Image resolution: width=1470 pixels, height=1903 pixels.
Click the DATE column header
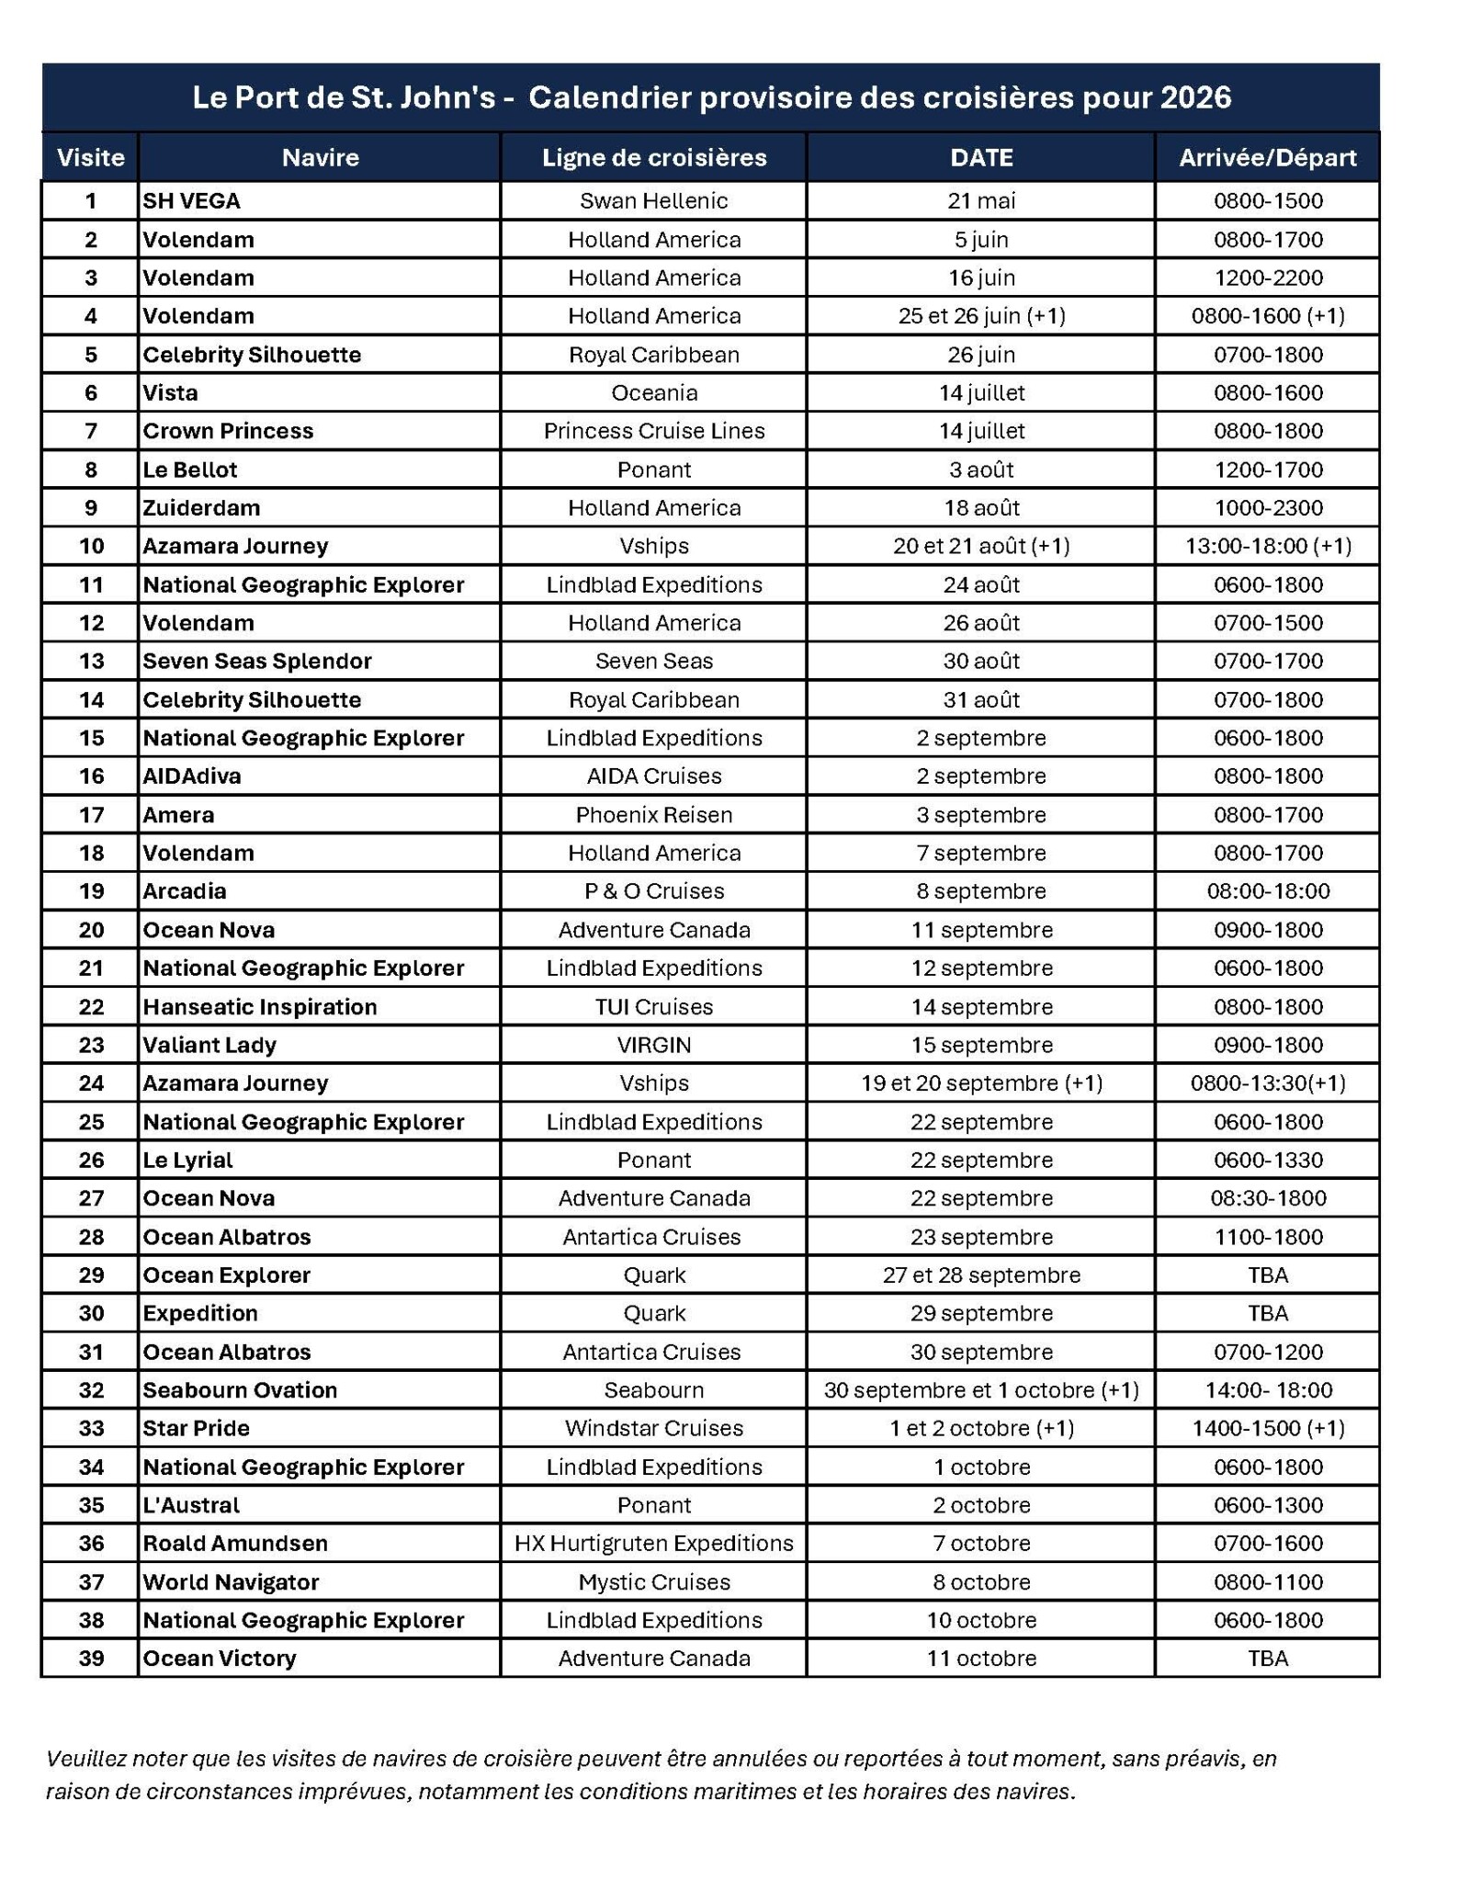[x=980, y=158]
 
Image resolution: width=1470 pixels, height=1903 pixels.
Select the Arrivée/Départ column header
[x=1267, y=158]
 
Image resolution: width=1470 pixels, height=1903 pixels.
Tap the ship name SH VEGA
[x=191, y=201]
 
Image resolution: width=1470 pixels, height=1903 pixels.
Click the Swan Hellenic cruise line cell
[x=653, y=201]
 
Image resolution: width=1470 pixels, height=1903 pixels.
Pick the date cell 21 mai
[x=980, y=201]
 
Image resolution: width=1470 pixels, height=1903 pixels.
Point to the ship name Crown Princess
[x=228, y=431]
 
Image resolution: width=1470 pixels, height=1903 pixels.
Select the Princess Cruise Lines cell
[x=653, y=431]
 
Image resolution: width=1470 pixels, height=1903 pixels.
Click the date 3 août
[x=980, y=470]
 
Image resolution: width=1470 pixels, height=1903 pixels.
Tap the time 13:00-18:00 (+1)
[x=1267, y=546]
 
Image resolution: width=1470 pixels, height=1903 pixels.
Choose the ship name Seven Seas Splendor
[x=256, y=661]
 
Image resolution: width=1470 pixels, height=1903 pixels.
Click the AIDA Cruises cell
[x=653, y=776]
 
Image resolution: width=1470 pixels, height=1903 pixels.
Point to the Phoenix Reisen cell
[x=653, y=815]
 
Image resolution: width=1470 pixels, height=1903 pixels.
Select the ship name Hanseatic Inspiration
[x=259, y=1007]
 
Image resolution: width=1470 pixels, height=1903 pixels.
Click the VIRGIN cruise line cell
[x=653, y=1045]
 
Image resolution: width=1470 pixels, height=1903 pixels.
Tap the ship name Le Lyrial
[x=187, y=1160]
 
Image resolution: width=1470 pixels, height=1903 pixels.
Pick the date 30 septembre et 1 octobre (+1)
[x=980, y=1390]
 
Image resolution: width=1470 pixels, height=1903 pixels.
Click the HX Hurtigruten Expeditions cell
[x=653, y=1543]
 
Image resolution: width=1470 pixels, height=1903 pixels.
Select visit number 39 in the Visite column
[x=91, y=1659]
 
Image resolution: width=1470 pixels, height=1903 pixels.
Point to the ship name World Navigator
[x=231, y=1581]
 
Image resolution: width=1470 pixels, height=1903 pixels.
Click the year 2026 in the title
[x=1194, y=97]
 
